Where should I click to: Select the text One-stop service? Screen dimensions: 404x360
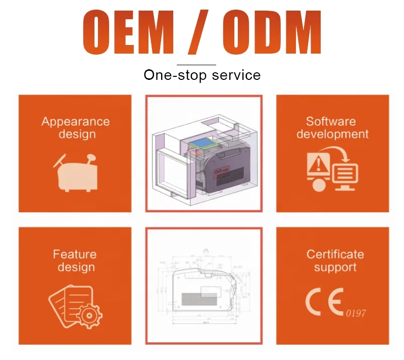(202, 75)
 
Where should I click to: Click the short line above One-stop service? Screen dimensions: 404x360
(196, 65)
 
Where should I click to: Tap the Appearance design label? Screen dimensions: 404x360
(75, 128)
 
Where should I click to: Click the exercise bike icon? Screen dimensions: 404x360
(75, 172)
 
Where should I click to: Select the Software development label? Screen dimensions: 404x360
(332, 128)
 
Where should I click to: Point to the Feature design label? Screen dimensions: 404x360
(75, 260)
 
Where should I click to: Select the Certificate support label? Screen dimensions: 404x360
(335, 260)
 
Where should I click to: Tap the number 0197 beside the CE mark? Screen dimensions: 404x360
(356, 313)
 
